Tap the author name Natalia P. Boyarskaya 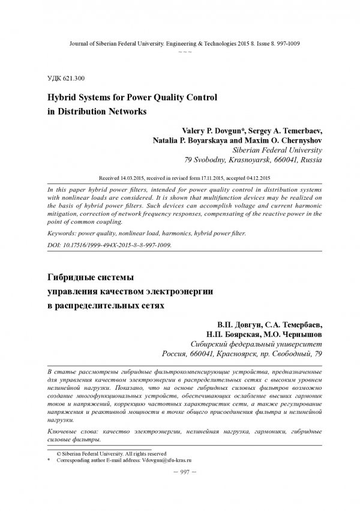coord(181,140)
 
